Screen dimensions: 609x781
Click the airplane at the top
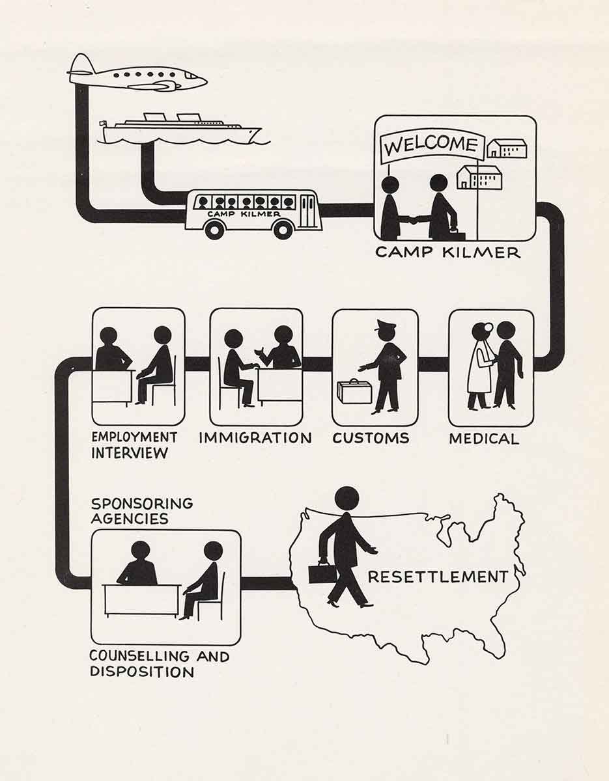coord(137,75)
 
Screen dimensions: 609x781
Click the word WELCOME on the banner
coord(431,144)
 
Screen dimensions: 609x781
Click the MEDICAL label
coord(484,439)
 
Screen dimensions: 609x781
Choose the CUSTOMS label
coord(371,438)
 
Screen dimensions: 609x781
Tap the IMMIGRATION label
coord(255,438)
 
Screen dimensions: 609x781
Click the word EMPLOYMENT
coord(134,437)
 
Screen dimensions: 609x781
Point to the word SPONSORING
coord(142,504)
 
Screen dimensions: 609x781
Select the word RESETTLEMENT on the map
coord(438,577)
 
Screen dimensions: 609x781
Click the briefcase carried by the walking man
coord(322,574)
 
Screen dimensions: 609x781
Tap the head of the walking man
coord(347,499)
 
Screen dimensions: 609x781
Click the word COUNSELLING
coord(139,656)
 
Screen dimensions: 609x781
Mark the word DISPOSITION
coord(142,672)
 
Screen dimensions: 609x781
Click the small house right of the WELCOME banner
coord(507,148)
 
